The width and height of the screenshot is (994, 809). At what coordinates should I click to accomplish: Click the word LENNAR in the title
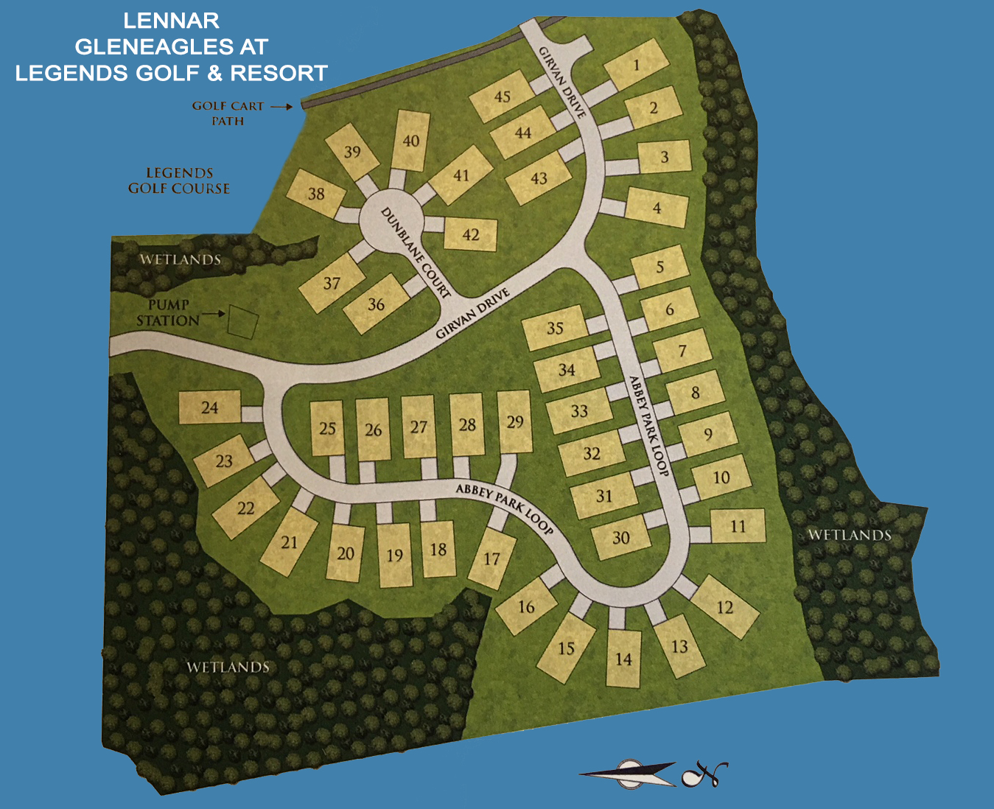click(x=171, y=20)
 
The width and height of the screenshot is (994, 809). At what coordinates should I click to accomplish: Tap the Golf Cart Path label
click(x=228, y=113)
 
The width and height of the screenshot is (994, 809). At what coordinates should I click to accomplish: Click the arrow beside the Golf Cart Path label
click(x=281, y=107)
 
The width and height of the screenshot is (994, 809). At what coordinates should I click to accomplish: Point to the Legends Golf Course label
click(x=179, y=181)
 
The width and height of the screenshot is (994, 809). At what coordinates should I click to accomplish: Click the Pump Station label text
click(x=168, y=312)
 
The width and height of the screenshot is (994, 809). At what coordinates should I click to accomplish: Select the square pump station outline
click(x=242, y=323)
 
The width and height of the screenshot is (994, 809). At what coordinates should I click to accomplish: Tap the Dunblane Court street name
click(x=416, y=252)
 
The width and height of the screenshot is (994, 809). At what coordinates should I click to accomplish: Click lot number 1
click(x=636, y=66)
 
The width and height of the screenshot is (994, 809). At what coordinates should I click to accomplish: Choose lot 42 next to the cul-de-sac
click(x=470, y=234)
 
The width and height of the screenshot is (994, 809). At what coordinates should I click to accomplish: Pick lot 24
click(x=210, y=407)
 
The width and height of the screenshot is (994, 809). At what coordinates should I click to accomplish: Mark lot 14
click(x=623, y=659)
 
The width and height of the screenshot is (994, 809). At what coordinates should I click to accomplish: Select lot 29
click(x=515, y=421)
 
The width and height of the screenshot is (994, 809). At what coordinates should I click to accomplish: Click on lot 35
click(x=555, y=329)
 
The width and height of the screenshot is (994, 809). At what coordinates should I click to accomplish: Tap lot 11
click(x=738, y=526)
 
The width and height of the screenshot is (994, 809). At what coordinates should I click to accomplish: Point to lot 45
click(x=503, y=97)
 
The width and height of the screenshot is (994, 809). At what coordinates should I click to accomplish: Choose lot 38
click(x=316, y=194)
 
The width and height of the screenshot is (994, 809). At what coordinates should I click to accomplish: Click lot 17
click(x=492, y=558)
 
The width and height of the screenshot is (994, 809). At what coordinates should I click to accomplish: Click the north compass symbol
click(x=704, y=774)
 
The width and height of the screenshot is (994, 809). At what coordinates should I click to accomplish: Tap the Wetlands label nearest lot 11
click(x=850, y=534)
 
